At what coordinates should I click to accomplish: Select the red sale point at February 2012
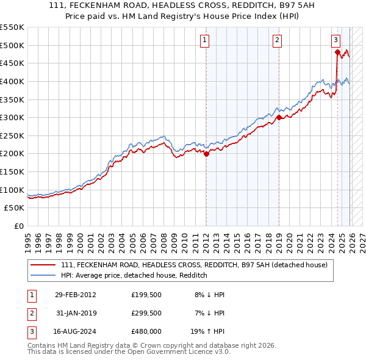tap(206, 154)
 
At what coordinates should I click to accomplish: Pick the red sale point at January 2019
tap(279, 118)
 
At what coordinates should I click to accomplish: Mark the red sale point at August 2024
tap(337, 52)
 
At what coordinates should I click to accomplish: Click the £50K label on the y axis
tap(15, 208)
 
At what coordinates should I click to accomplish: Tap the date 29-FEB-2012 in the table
tap(75, 295)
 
